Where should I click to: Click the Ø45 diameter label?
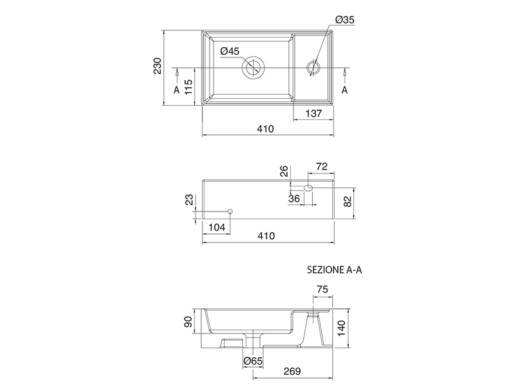(230, 51)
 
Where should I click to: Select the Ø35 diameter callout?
(345, 20)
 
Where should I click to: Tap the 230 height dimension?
(157, 66)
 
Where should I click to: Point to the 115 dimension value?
(188, 86)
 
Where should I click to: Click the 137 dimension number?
(313, 114)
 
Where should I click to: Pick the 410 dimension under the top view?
(265, 128)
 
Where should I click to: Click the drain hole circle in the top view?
(253, 67)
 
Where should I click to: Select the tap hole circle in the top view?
(313, 67)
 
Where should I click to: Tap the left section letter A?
(177, 90)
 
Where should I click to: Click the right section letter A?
(344, 90)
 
